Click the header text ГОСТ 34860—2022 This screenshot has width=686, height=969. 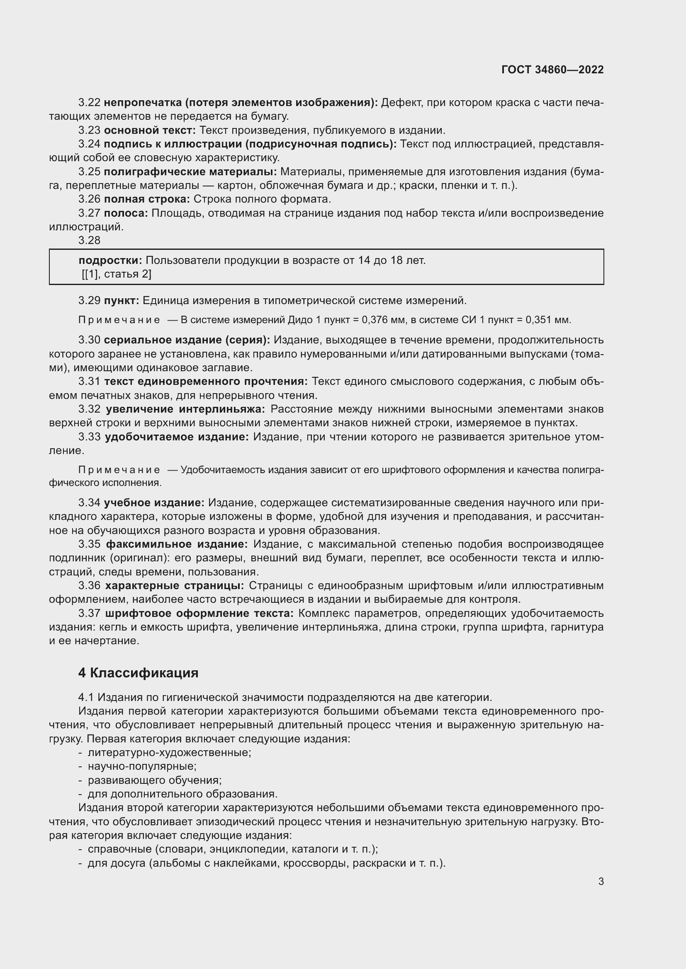coord(552,70)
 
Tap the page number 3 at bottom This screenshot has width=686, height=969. coord(601,882)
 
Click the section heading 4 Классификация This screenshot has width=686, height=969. coord(138,673)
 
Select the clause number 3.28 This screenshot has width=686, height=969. coord(89,240)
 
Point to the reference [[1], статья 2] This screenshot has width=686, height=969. coord(117,274)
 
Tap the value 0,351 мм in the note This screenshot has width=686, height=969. coord(548,320)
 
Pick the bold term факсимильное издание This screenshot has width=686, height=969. coord(177,544)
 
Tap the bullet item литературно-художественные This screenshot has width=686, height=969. coord(169,752)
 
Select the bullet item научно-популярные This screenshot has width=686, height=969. coord(142,766)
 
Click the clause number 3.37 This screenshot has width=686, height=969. coord(89,613)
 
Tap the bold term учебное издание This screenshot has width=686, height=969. coord(154,503)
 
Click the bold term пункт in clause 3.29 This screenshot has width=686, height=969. coord(121,300)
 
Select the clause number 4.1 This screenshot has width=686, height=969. coord(86,697)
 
